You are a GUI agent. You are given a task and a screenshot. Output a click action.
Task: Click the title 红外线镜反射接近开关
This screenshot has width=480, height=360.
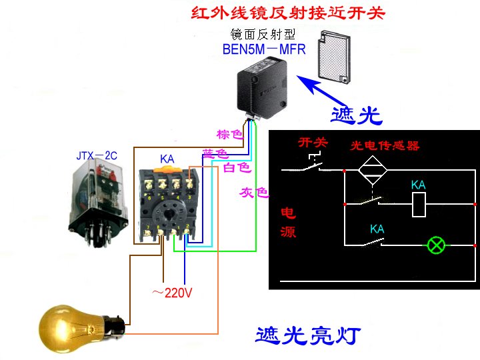(x=288, y=13)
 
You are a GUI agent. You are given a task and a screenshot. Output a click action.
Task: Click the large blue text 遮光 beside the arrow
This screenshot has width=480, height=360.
(x=357, y=115)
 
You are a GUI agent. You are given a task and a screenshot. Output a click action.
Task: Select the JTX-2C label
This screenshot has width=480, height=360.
(x=97, y=156)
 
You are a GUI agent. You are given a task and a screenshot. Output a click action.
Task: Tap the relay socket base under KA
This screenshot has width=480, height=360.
(x=169, y=207)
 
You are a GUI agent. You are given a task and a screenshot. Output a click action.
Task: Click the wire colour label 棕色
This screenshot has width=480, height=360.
(x=230, y=134)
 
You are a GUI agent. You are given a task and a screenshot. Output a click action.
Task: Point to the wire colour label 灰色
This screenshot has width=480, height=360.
(x=253, y=193)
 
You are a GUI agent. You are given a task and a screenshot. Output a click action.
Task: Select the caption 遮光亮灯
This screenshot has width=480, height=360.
(x=309, y=335)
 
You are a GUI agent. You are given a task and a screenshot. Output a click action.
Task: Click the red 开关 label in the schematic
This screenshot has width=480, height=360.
(x=313, y=142)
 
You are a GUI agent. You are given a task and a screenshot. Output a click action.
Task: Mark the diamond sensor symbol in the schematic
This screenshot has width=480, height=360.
(x=373, y=171)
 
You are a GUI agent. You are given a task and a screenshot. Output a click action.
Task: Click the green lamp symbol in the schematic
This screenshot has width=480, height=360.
(x=437, y=245)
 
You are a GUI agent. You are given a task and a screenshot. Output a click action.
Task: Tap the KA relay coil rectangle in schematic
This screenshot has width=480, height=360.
(x=419, y=204)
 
